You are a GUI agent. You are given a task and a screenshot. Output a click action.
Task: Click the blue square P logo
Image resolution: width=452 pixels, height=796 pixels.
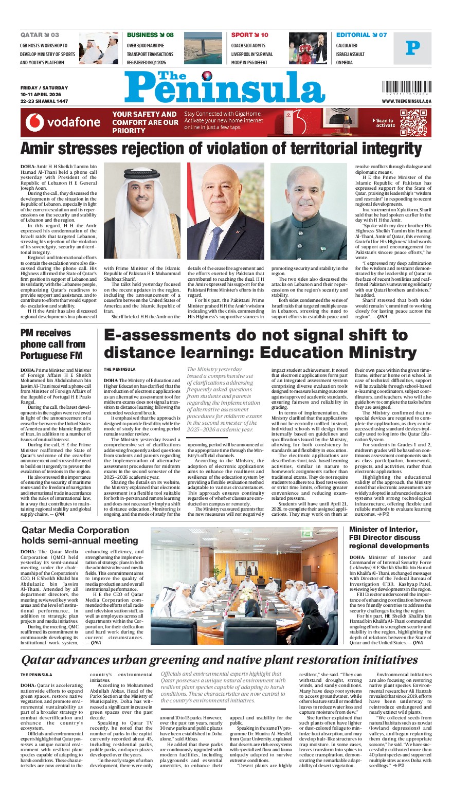412,48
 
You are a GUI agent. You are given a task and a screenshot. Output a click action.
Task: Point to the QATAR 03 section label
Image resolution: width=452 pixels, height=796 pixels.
40,35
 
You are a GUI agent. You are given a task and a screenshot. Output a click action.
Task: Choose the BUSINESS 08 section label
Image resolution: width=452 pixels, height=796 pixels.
150,35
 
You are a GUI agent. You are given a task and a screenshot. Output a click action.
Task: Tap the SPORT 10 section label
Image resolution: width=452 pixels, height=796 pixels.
249,35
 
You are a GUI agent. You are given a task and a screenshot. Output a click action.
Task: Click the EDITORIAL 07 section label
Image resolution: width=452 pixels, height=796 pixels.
361,35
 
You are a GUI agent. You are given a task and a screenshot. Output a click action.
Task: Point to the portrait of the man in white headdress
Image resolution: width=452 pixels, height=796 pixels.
142,211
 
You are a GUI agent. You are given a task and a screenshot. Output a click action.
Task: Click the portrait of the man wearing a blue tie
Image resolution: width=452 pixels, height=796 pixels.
225,211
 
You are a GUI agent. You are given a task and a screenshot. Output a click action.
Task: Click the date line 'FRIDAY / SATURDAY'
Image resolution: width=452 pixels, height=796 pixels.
44,88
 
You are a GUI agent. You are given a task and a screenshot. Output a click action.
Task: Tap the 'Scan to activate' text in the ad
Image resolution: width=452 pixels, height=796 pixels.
385,123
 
